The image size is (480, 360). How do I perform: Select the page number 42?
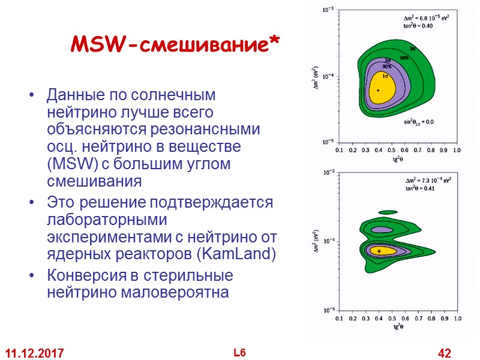[445, 353]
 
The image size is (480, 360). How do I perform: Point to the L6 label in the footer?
[240, 353]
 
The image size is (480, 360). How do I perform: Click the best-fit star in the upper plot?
[378, 90]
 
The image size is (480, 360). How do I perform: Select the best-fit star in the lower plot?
[379, 251]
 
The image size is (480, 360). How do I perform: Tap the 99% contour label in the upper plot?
[405, 58]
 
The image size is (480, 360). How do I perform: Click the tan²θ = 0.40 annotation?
[419, 26]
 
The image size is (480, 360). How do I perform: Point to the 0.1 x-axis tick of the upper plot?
[338, 149]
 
